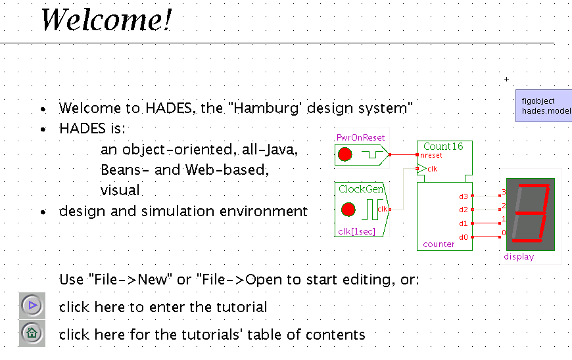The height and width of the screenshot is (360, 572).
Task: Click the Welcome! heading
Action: (106, 20)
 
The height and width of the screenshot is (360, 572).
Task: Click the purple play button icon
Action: (32, 305)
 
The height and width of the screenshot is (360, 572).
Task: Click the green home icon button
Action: (32, 333)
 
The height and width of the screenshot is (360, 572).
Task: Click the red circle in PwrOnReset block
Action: (345, 155)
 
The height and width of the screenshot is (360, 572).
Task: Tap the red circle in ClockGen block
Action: (348, 210)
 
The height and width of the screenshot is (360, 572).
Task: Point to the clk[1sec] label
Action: (357, 231)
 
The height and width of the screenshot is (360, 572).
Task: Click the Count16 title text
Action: (443, 146)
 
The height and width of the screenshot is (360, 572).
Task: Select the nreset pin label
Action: (431, 156)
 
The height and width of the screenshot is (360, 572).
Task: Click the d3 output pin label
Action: (464, 196)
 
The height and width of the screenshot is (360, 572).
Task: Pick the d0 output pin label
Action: (464, 237)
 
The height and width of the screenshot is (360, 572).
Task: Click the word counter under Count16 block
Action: (439, 244)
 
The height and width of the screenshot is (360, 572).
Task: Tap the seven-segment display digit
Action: (530, 214)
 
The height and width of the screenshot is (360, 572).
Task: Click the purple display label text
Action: (519, 257)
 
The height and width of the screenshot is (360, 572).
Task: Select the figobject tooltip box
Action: (543, 106)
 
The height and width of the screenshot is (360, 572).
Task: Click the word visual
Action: (120, 191)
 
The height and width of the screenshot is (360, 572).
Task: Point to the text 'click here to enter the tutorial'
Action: (163, 307)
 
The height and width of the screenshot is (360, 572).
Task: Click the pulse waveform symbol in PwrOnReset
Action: (371, 156)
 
